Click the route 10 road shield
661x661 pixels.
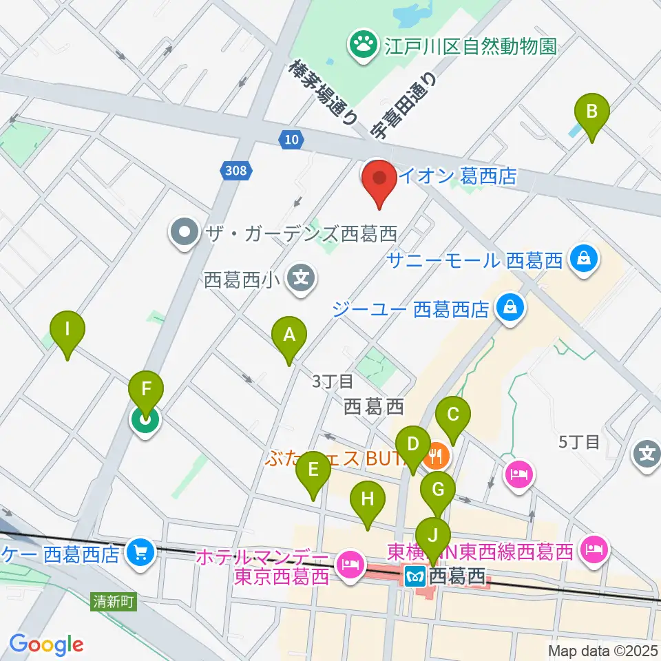(292, 140)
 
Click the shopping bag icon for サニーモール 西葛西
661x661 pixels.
(584, 260)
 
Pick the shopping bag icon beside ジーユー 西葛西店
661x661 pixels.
(510, 307)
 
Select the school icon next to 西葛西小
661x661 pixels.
(301, 280)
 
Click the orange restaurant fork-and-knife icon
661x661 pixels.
(437, 456)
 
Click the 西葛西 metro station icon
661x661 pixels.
(416, 574)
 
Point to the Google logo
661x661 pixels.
(45, 644)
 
